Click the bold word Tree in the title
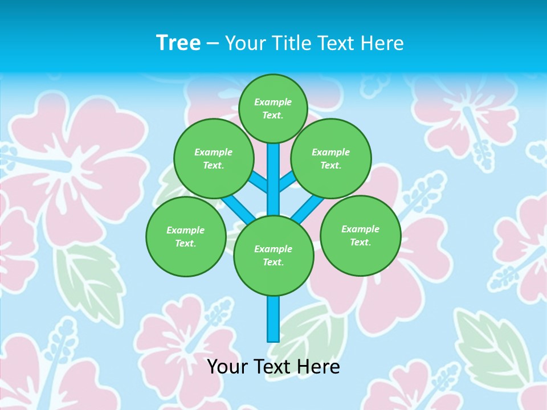point(178,43)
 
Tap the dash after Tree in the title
point(213,44)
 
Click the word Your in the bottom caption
point(227,367)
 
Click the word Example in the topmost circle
point(273,102)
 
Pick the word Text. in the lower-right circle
point(360,242)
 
